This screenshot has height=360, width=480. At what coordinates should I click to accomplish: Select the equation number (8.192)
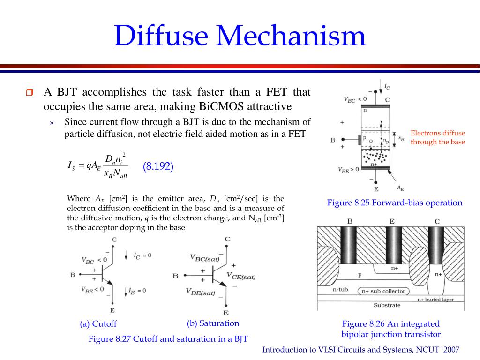(158, 166)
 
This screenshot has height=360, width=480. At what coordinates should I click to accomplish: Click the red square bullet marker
(30, 92)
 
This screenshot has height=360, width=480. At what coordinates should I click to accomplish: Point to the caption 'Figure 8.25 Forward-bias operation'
(395, 202)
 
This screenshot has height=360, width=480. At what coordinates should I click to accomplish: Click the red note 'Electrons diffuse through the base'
(438, 138)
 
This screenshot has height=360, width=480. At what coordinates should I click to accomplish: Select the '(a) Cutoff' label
(98, 323)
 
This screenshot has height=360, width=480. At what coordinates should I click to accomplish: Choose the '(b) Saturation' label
(213, 323)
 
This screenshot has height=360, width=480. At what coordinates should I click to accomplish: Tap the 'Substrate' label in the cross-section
(387, 305)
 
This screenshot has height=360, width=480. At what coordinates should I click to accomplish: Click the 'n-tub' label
(340, 289)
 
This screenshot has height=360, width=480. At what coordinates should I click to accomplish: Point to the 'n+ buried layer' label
(435, 300)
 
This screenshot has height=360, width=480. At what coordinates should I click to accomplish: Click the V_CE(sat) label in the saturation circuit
(241, 276)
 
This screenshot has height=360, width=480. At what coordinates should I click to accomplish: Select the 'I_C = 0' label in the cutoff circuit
(142, 255)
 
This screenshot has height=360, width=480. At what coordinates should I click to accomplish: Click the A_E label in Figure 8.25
(400, 188)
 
